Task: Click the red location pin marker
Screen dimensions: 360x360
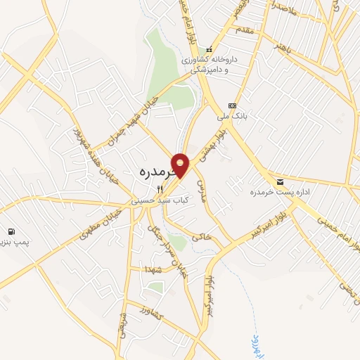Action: tap(181, 165)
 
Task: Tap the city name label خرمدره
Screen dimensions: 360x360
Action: tap(149, 171)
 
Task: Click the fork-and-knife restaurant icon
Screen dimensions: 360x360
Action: tap(160, 188)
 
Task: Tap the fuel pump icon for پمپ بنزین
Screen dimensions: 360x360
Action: tap(12, 232)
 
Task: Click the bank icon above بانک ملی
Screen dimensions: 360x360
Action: tap(232, 105)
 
